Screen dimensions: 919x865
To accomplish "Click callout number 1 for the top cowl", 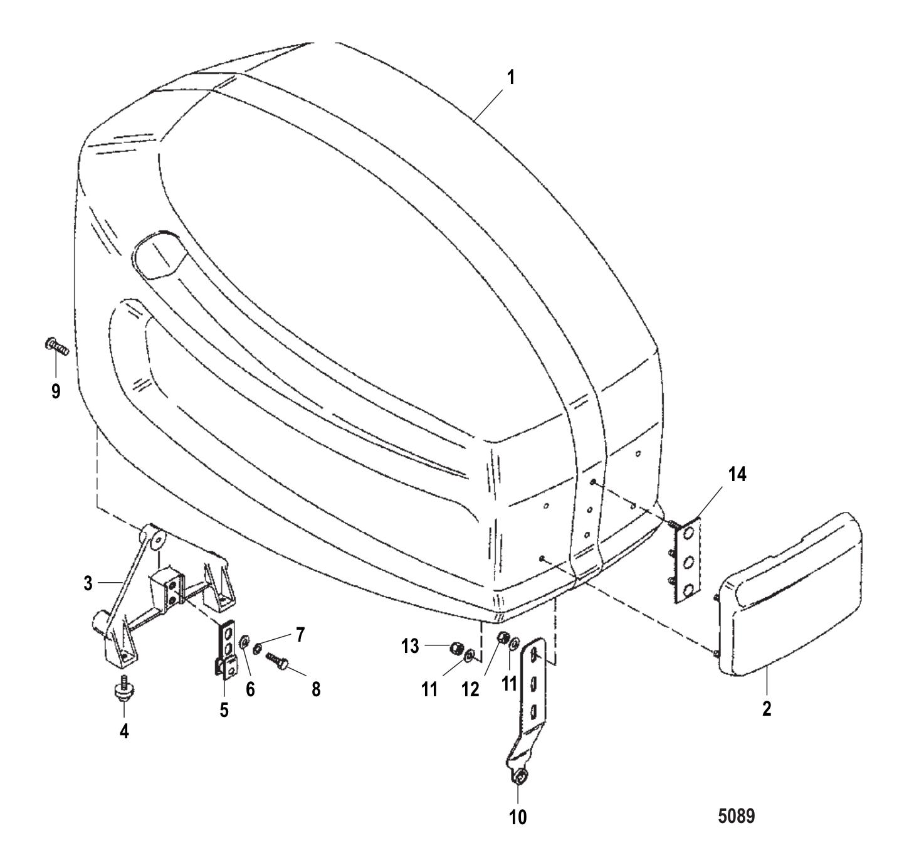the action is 510,78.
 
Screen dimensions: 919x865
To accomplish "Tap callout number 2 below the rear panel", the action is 767,709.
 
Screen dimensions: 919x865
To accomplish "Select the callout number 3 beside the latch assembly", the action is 88,583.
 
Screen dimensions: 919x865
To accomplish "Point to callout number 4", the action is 124,731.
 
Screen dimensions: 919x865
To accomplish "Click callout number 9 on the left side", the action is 56,392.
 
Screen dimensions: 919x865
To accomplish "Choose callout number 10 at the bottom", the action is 518,817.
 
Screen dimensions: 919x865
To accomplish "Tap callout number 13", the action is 410,646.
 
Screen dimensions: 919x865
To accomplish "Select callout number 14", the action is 738,475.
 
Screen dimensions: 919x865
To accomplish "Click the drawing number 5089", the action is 737,816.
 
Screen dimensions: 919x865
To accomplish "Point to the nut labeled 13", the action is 456,649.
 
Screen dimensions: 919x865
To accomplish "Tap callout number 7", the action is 300,635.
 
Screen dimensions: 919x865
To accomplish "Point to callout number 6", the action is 250,689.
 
